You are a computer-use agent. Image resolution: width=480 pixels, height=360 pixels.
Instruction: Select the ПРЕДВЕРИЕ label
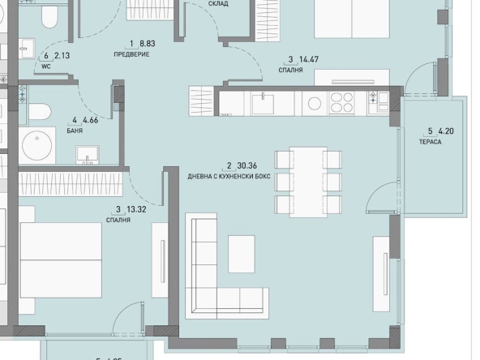click(131, 54)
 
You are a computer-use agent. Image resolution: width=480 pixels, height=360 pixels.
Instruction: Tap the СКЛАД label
click(218, 4)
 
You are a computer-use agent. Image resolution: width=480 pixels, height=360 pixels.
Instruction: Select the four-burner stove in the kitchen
click(341, 103)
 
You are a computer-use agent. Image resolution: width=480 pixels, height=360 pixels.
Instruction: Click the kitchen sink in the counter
click(263, 102)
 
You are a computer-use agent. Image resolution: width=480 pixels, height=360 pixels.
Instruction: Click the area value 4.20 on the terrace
click(446, 131)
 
